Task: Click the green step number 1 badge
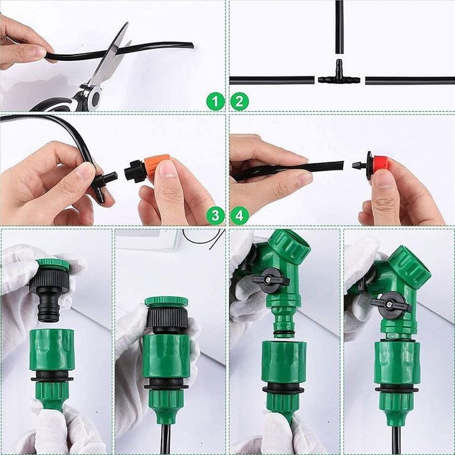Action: [216, 102]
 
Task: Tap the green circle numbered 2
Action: [239, 102]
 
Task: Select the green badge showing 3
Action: [216, 216]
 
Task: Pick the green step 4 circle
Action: [239, 216]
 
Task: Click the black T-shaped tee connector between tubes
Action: [339, 76]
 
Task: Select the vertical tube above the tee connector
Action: [339, 27]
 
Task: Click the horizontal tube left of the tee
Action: [272, 80]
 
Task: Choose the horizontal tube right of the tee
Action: [410, 81]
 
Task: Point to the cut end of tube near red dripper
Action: [343, 165]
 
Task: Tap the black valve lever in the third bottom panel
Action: [271, 278]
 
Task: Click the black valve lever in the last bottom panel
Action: [390, 303]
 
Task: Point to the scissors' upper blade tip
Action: [127, 23]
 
